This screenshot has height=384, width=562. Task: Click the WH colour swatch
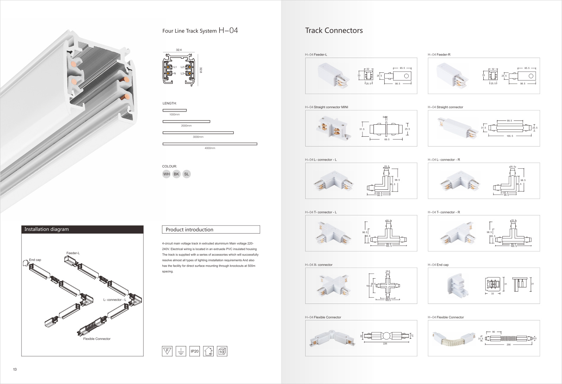(166, 174)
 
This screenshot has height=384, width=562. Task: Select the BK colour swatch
(176, 174)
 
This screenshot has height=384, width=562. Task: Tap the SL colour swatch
(187, 174)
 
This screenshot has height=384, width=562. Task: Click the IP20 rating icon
(195, 351)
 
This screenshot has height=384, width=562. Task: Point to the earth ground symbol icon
(181, 351)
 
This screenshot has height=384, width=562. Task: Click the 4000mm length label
(210, 148)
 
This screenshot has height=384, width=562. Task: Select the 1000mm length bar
(175, 110)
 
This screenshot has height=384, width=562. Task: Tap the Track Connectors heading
(334, 31)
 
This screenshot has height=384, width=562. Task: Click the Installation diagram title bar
(82, 229)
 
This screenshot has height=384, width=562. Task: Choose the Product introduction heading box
(211, 229)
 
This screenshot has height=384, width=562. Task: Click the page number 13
(15, 369)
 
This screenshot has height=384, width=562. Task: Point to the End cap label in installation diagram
(35, 260)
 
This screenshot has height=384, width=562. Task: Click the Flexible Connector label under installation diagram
(97, 339)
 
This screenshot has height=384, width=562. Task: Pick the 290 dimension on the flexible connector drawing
(509, 345)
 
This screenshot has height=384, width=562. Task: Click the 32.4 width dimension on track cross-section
(179, 50)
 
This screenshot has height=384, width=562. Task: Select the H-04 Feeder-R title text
(439, 54)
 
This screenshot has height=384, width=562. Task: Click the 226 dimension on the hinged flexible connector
(385, 344)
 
